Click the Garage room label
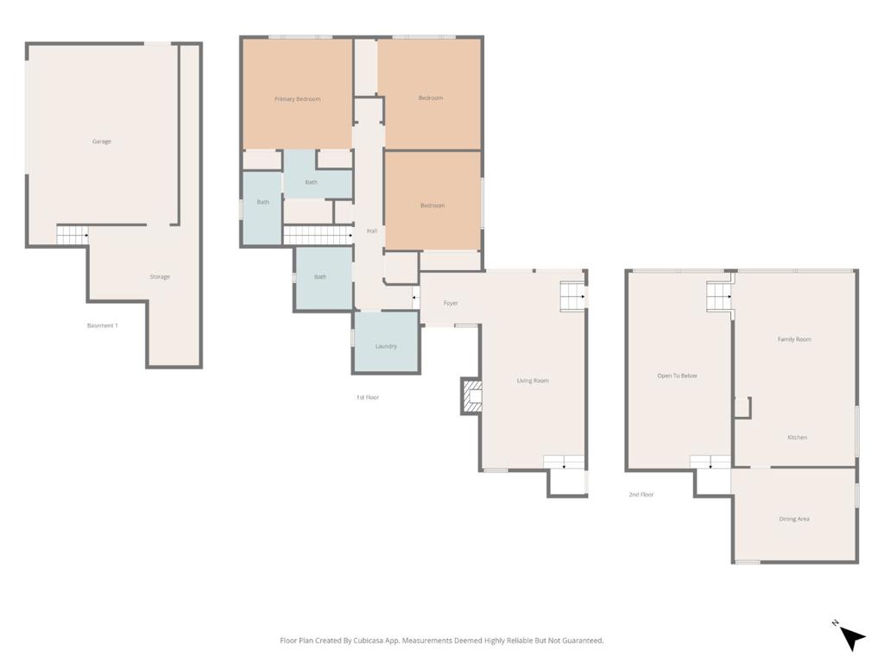(x=102, y=142)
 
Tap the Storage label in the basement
(x=160, y=277)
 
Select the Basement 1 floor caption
(x=102, y=325)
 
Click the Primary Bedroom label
(x=297, y=99)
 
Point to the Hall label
(x=372, y=231)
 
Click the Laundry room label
(x=386, y=346)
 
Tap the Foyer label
(x=451, y=303)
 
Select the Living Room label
(x=533, y=381)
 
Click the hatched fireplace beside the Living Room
(x=472, y=396)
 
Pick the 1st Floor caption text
(x=368, y=397)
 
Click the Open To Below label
(x=677, y=376)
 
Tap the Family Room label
(x=794, y=339)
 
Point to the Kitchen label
(x=797, y=438)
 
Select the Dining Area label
(x=794, y=519)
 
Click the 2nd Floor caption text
(x=641, y=495)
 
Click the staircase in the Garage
(x=73, y=234)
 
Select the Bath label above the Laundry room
(x=320, y=277)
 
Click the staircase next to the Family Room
(x=719, y=296)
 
